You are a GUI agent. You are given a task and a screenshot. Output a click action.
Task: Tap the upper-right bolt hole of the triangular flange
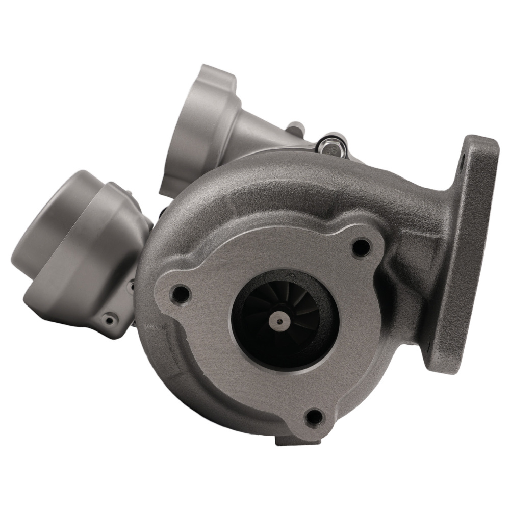(361, 247)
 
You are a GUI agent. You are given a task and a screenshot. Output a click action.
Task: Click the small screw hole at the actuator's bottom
(108, 321)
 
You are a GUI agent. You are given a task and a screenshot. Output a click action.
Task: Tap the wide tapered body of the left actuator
(102, 245)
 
